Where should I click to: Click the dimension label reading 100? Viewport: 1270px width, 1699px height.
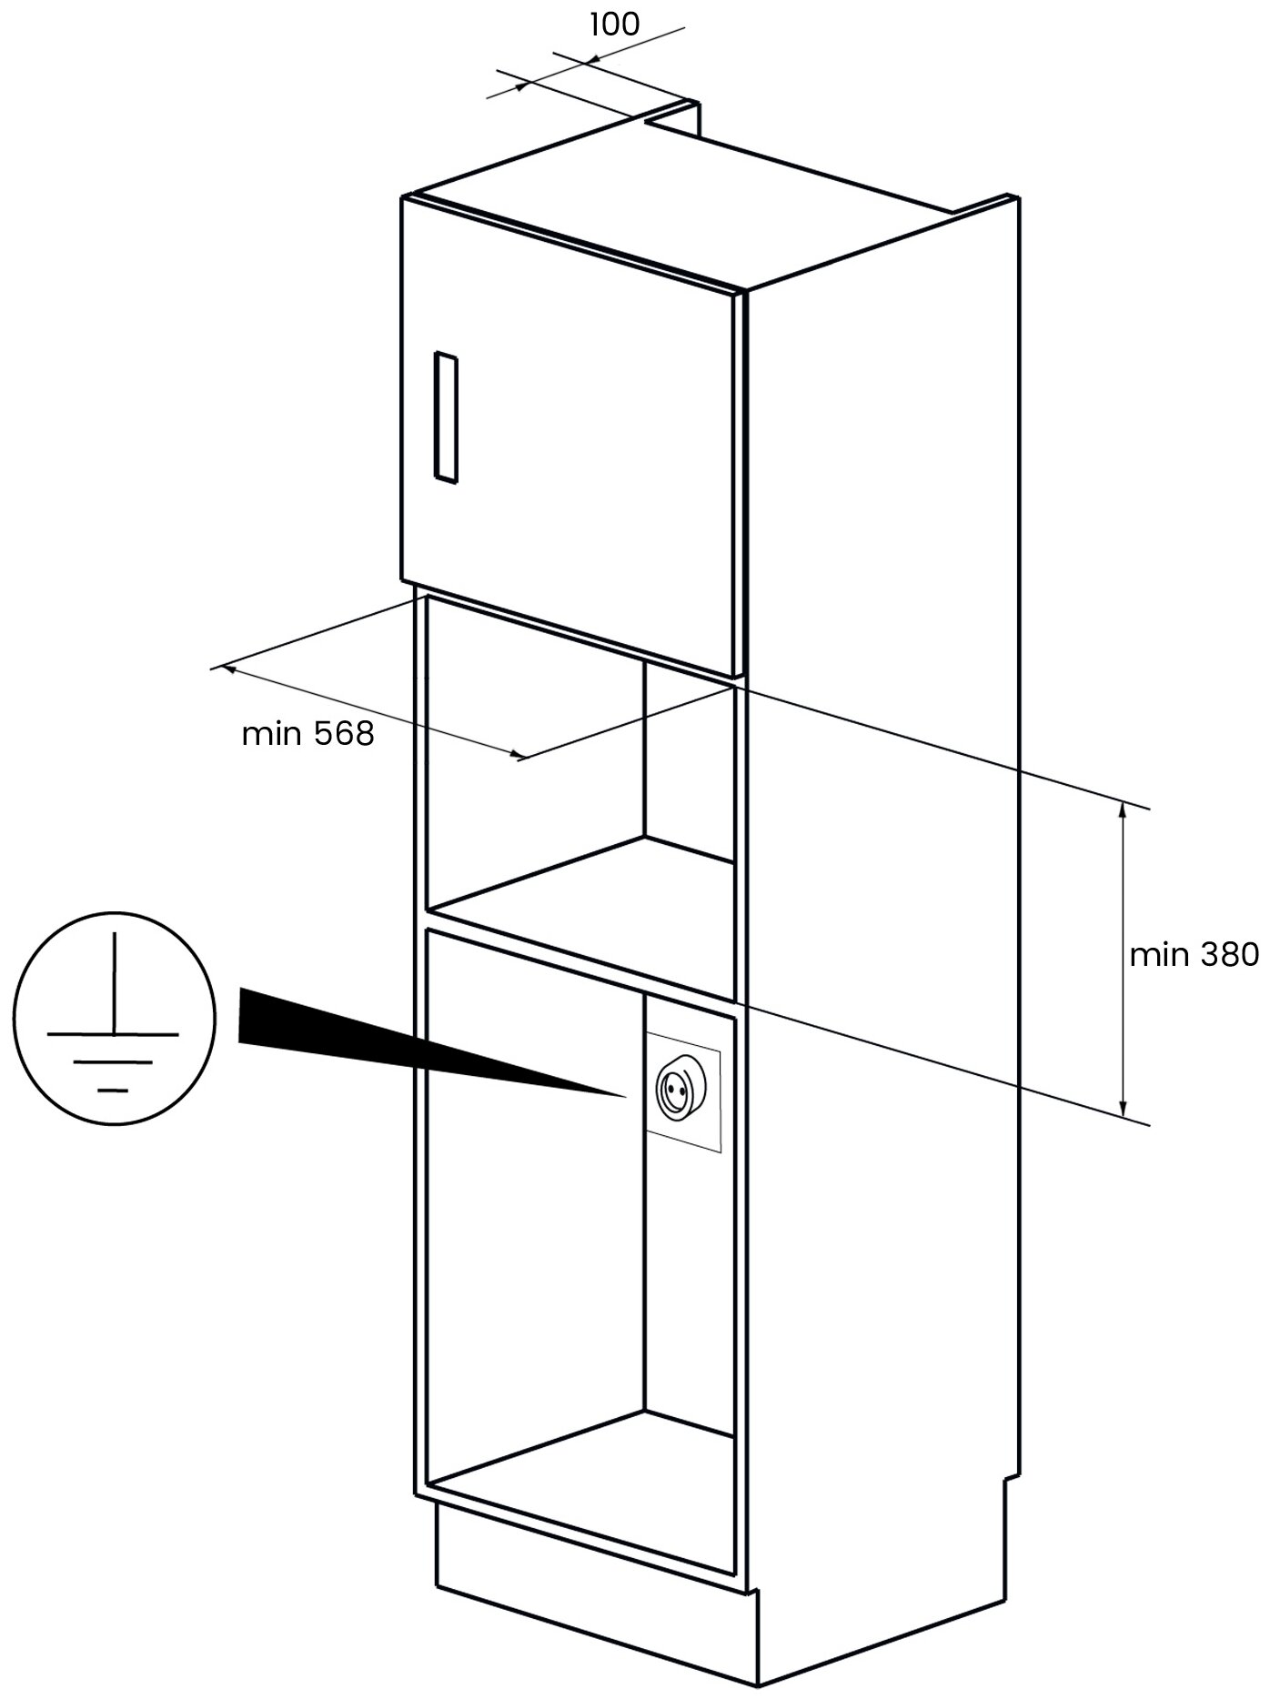(615, 25)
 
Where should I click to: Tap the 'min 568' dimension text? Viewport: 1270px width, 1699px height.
(307, 733)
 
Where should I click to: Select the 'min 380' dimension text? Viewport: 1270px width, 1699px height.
(1194, 954)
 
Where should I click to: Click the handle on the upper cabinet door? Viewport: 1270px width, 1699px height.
(445, 417)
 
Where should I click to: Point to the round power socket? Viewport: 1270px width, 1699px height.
(678, 1089)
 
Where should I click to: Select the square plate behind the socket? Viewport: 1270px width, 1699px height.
(682, 1092)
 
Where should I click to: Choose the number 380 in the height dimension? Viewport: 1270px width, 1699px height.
(1228, 954)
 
